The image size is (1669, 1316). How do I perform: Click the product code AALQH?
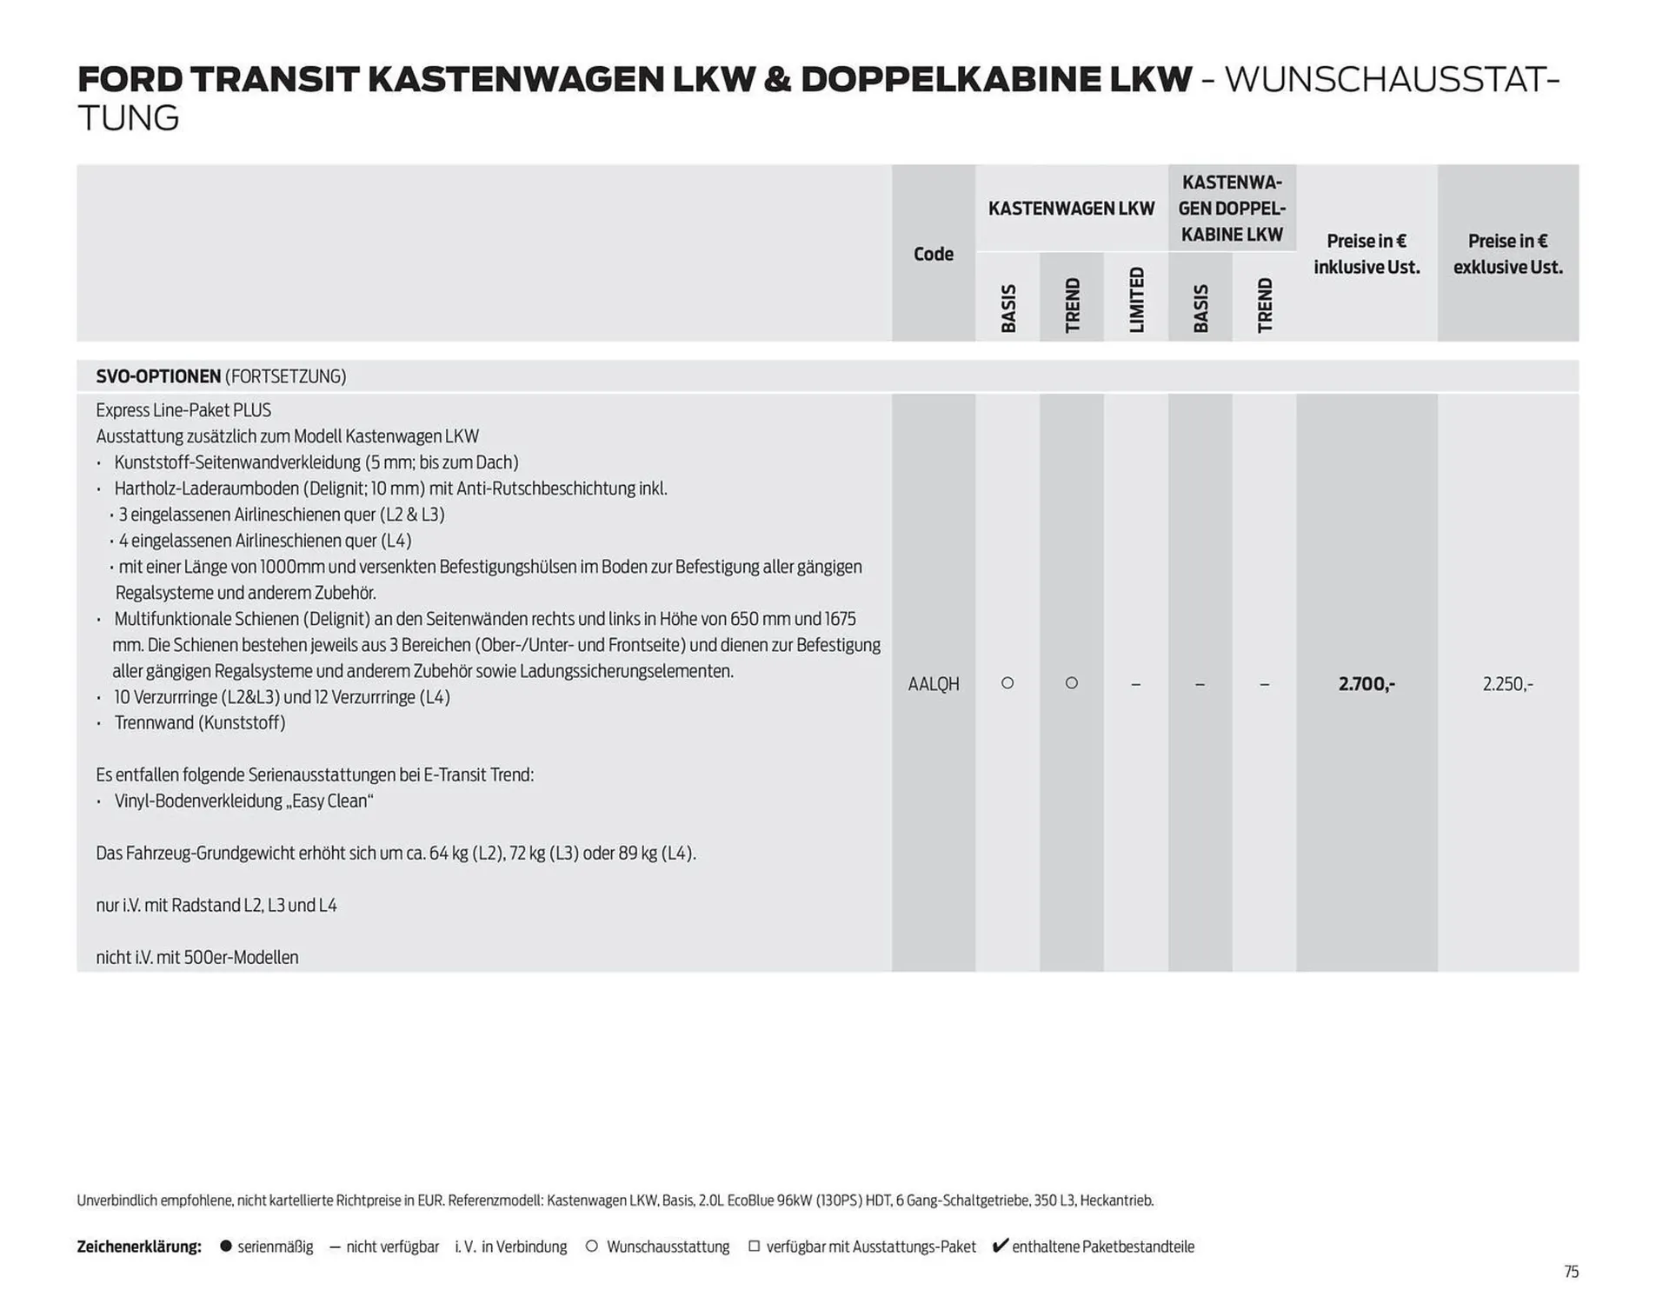[933, 684]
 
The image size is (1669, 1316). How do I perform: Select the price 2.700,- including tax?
[1366, 684]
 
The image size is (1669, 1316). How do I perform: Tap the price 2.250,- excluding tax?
[1507, 684]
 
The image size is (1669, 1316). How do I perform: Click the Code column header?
[933, 254]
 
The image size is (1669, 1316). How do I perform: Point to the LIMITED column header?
[1136, 300]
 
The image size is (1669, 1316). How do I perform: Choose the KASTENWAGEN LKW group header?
[1071, 209]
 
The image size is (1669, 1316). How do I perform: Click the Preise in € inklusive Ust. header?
[1366, 254]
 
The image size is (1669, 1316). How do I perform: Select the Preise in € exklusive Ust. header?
[1507, 254]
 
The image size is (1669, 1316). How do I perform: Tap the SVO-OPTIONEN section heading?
[158, 376]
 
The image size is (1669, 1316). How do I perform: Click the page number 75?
[1571, 1272]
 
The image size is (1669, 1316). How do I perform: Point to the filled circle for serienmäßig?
[226, 1246]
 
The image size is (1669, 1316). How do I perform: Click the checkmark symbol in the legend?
[1000, 1246]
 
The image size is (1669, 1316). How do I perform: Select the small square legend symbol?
[754, 1246]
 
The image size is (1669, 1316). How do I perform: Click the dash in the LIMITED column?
[1135, 685]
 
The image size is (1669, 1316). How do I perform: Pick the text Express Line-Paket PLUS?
[183, 410]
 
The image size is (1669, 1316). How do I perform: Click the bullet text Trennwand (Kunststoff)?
[200, 722]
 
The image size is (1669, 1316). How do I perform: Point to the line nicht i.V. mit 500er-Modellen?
[197, 957]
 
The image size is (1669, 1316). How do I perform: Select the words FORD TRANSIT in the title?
[218, 79]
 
